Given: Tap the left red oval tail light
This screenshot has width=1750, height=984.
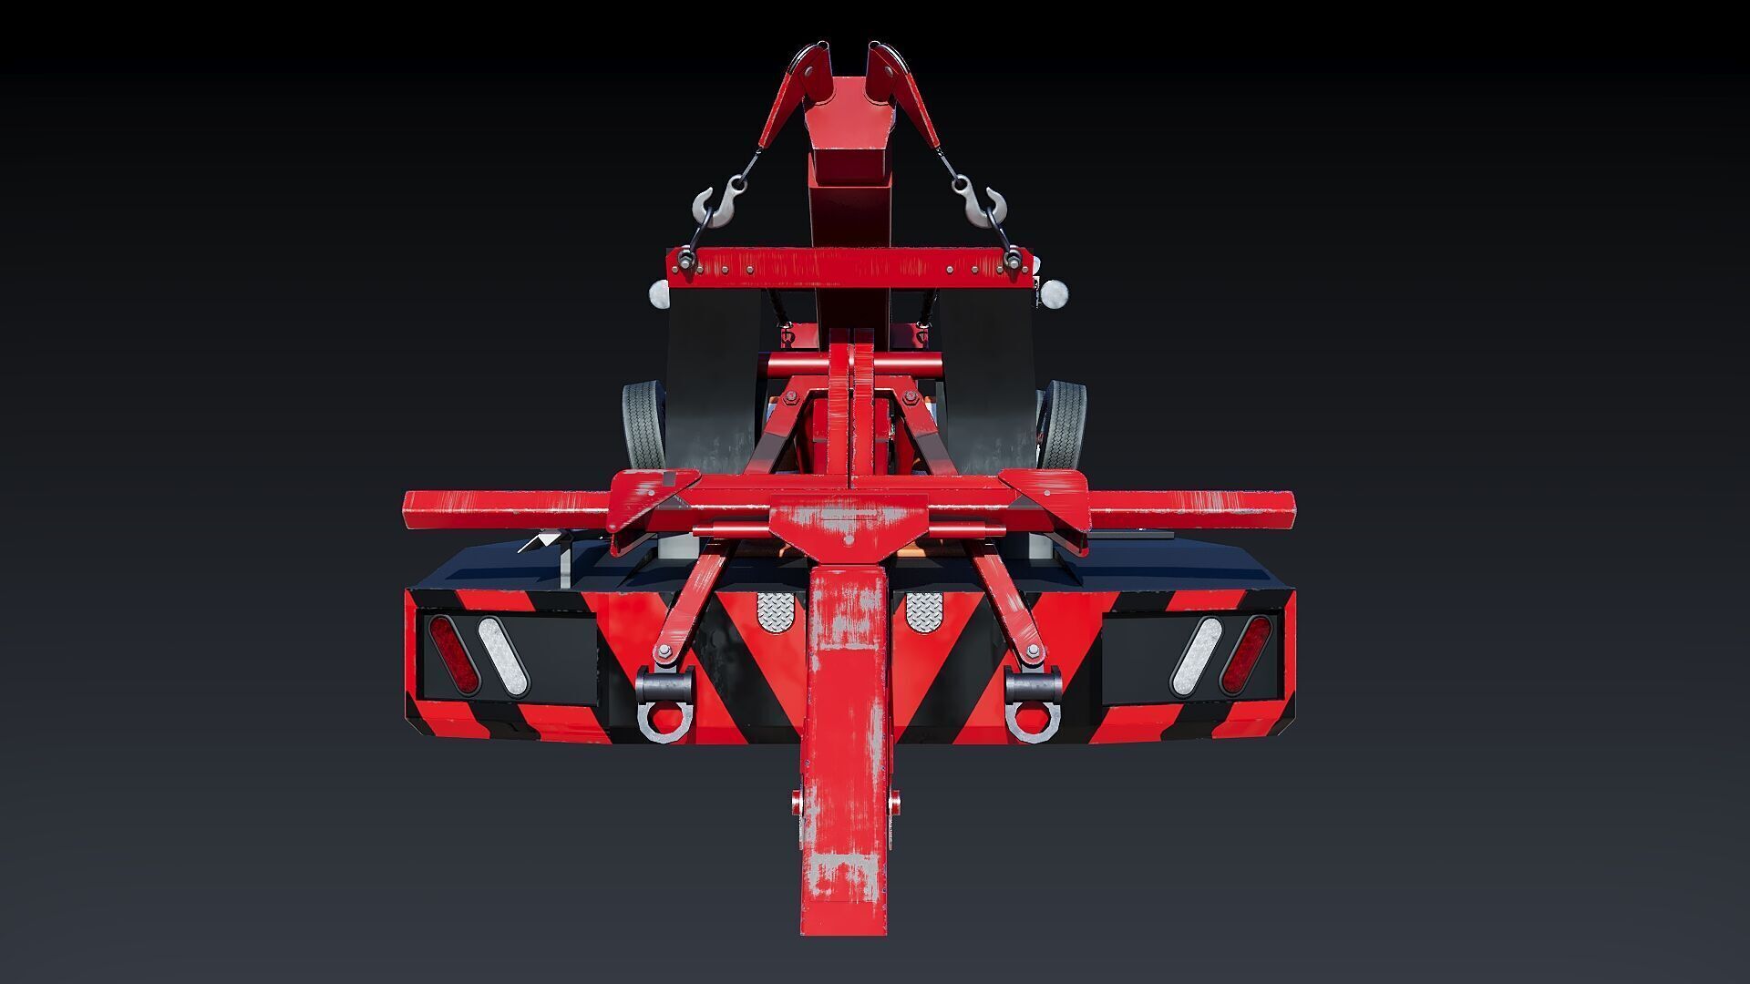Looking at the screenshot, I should pos(453,654).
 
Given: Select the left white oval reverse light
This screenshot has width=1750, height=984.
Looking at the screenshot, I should pos(503,654).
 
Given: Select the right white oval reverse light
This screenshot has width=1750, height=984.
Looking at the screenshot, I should pos(1196,654).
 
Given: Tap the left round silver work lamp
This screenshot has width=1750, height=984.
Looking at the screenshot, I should pos(659,293).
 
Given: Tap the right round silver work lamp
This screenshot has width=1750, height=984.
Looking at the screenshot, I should pos(1055,293).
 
